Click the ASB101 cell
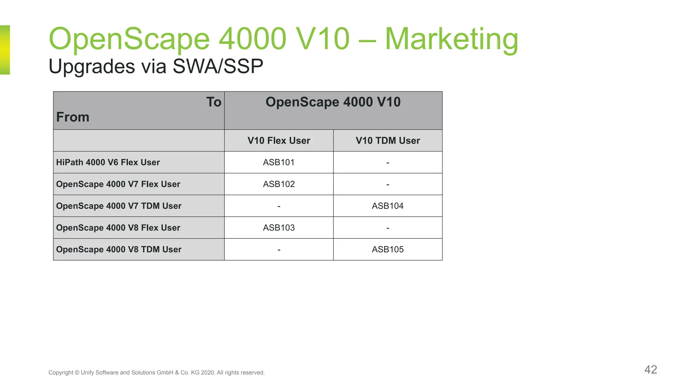point(279,162)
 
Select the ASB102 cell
point(279,184)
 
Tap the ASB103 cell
point(279,228)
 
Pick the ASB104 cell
point(388,206)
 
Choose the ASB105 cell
point(388,250)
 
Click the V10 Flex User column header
point(279,140)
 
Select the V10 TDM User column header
point(388,140)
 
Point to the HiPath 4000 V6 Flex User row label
point(108,162)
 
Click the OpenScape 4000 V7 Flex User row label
point(118,184)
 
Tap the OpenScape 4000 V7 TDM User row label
point(119,206)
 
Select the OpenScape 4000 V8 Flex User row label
point(118,228)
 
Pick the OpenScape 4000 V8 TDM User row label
point(119,250)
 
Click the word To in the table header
point(214,102)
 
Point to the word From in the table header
point(73,117)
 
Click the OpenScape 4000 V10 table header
point(333,102)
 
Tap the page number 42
point(650,369)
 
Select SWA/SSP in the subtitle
point(218,66)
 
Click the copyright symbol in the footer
point(77,373)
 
